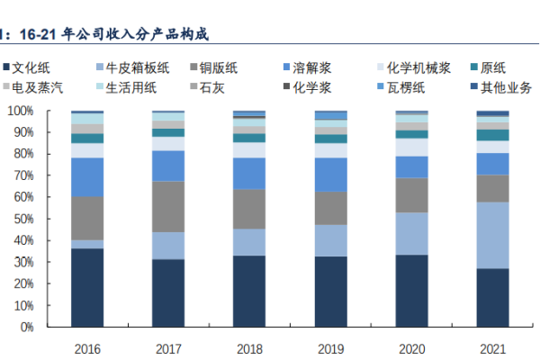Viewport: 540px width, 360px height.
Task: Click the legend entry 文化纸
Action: (x=36, y=67)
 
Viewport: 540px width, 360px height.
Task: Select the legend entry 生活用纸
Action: (x=130, y=87)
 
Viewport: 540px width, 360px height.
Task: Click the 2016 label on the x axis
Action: (x=87, y=348)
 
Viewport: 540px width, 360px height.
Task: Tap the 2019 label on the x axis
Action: (x=331, y=348)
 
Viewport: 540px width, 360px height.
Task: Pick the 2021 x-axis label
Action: (x=493, y=348)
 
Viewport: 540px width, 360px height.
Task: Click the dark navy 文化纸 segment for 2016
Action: (x=87, y=288)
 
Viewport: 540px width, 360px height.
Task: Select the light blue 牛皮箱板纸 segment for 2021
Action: (x=493, y=235)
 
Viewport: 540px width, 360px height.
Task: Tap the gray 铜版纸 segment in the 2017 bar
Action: (x=168, y=207)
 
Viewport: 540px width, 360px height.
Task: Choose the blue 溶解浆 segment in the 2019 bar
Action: (x=331, y=175)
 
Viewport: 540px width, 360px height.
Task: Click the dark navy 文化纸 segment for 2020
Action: (x=412, y=291)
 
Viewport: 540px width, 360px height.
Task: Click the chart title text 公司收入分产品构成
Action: (x=157, y=34)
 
